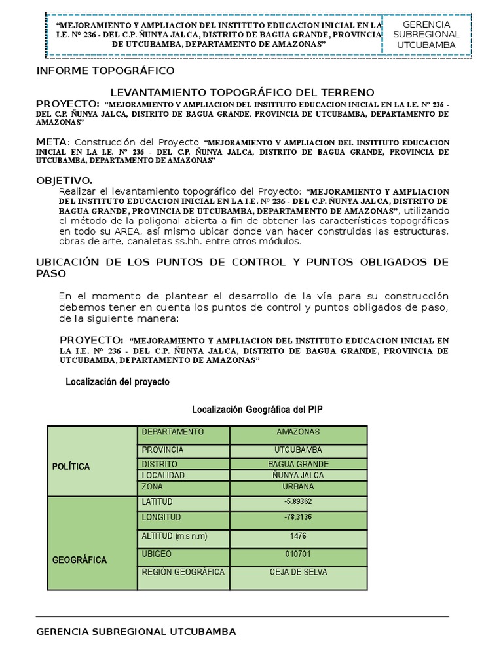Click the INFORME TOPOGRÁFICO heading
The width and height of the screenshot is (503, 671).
(x=105, y=70)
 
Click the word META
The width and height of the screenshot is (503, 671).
(x=51, y=142)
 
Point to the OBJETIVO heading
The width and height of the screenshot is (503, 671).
(x=64, y=180)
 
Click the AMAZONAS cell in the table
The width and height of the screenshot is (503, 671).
(x=298, y=432)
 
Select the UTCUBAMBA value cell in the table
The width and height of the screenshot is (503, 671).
(x=298, y=450)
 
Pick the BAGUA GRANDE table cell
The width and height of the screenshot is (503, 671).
(x=298, y=464)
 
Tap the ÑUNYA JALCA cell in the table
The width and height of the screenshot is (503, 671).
(x=298, y=475)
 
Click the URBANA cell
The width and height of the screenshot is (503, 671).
(x=298, y=487)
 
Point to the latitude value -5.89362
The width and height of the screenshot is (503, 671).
(x=298, y=502)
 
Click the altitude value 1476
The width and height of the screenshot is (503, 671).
(x=298, y=536)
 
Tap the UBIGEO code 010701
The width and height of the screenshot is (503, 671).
(x=298, y=554)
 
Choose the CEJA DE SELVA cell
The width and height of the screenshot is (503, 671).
(x=298, y=572)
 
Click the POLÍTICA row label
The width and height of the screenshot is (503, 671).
(x=71, y=467)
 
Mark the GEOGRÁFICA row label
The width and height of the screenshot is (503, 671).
(x=79, y=560)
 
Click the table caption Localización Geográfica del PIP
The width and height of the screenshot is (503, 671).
(x=257, y=410)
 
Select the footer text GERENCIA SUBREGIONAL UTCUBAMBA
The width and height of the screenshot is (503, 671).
(x=136, y=632)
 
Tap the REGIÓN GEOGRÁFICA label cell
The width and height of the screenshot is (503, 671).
(x=183, y=572)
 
